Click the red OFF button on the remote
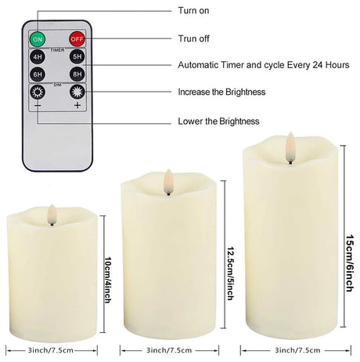click(x=76, y=38)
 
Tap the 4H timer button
click(x=38, y=56)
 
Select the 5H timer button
click(x=76, y=56)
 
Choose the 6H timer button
click(x=38, y=74)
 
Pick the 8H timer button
click(x=76, y=74)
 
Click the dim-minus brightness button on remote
click(x=38, y=93)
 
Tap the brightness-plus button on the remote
click(x=76, y=93)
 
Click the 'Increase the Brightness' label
click(x=221, y=92)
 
